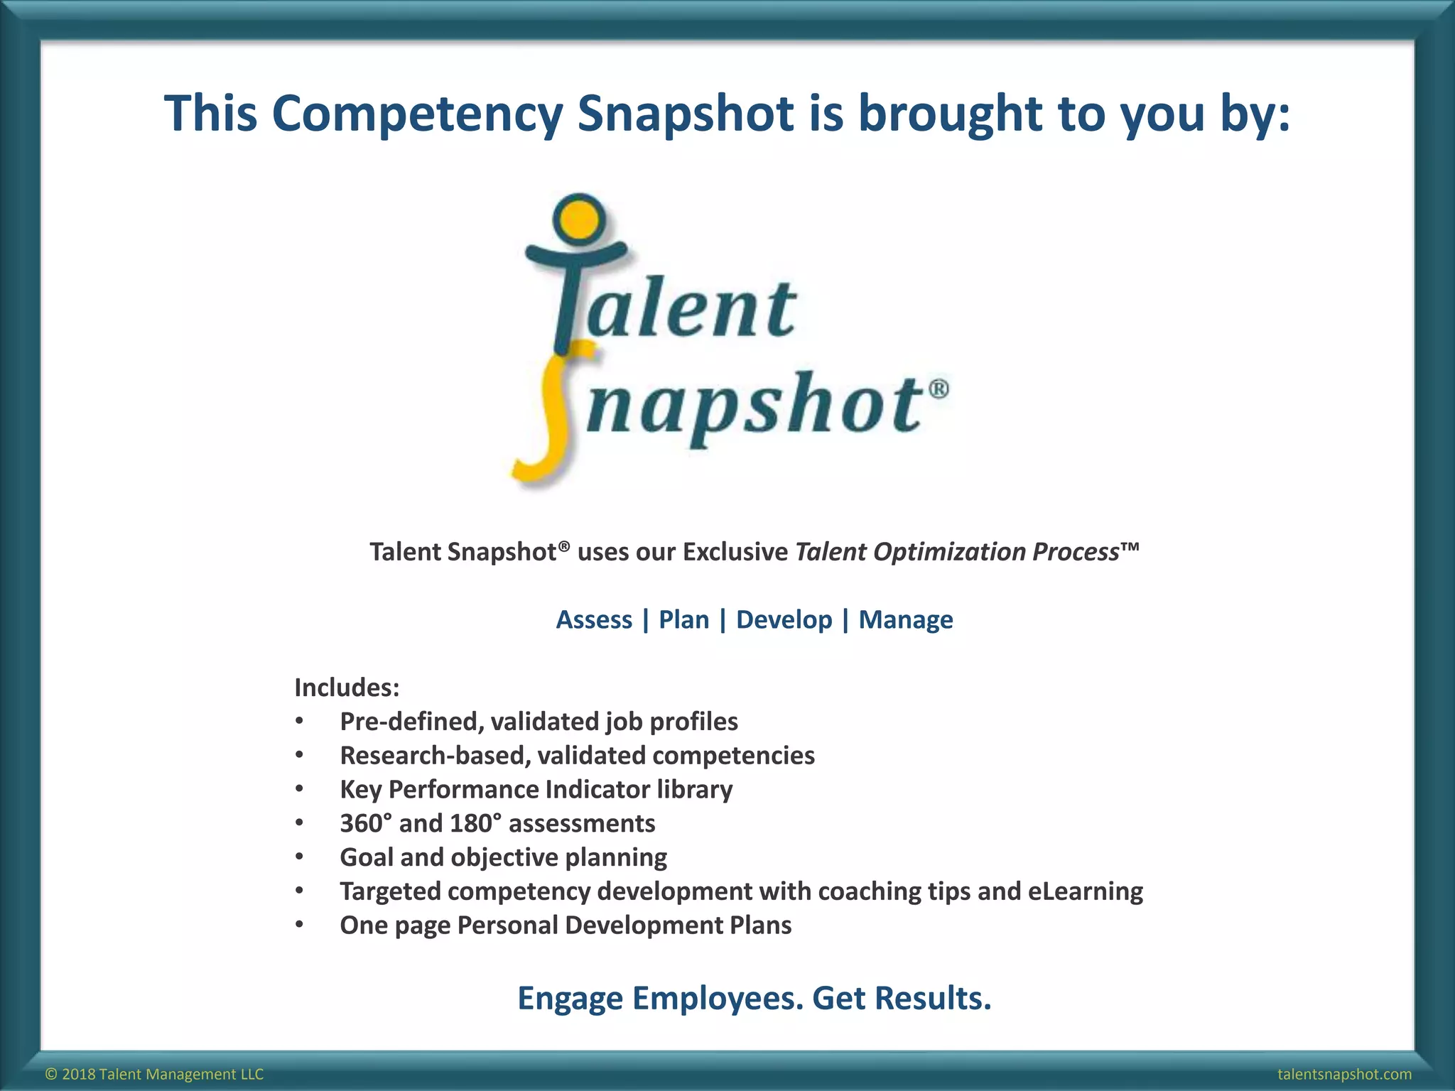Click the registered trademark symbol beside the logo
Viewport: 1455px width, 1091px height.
tap(938, 390)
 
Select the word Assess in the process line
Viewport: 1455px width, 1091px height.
tap(593, 619)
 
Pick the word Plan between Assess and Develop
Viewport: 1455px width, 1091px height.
tap(683, 619)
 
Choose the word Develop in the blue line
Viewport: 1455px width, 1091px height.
tap(784, 619)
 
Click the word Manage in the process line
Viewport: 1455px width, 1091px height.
tap(905, 619)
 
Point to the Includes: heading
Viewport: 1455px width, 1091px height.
tap(347, 687)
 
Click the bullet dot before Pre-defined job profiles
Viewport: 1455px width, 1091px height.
tap(300, 722)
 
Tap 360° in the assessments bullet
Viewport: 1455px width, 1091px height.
tap(365, 823)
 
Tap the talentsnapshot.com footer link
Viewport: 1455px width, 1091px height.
tap(1344, 1074)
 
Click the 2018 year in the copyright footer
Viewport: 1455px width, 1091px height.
tap(78, 1074)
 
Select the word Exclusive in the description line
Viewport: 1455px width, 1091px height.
tap(735, 552)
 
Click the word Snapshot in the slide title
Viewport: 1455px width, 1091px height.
tap(686, 114)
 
